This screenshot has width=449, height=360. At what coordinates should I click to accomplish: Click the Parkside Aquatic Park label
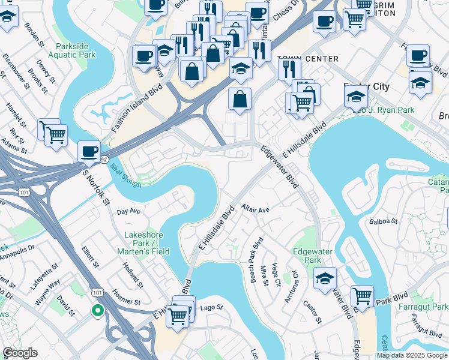coord(75,50)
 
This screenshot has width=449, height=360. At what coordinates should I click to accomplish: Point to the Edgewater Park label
coord(307,256)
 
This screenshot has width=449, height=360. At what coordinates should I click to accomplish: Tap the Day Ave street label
coord(128,212)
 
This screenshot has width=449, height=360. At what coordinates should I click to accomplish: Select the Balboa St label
coord(384,221)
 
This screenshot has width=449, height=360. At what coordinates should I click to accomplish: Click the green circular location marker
coord(97,310)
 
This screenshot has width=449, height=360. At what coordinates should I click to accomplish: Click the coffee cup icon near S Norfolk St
coord(89,151)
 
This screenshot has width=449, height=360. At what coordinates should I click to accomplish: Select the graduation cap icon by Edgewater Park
coord(325,278)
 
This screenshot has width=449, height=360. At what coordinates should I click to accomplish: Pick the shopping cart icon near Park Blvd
coord(362,295)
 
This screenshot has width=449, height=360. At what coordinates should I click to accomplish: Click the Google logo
coord(20,353)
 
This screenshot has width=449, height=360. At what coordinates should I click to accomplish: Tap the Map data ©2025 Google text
coord(412,355)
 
